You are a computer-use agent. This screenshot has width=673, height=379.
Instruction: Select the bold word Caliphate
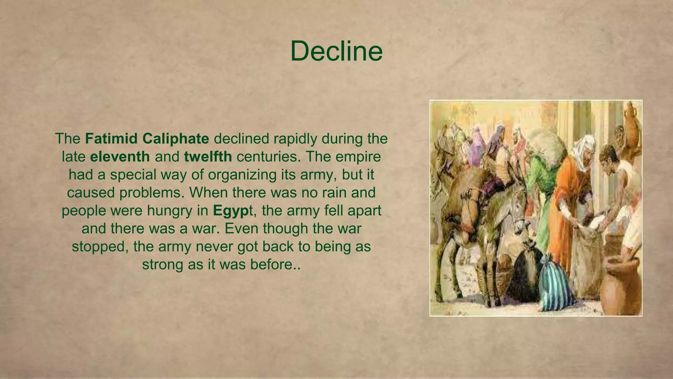[x=176, y=139]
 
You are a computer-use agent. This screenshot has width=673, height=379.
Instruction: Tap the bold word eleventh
[x=120, y=157]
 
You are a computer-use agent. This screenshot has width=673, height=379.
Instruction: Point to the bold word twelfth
[x=208, y=157]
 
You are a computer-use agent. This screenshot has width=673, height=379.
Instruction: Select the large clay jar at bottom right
[x=621, y=286]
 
